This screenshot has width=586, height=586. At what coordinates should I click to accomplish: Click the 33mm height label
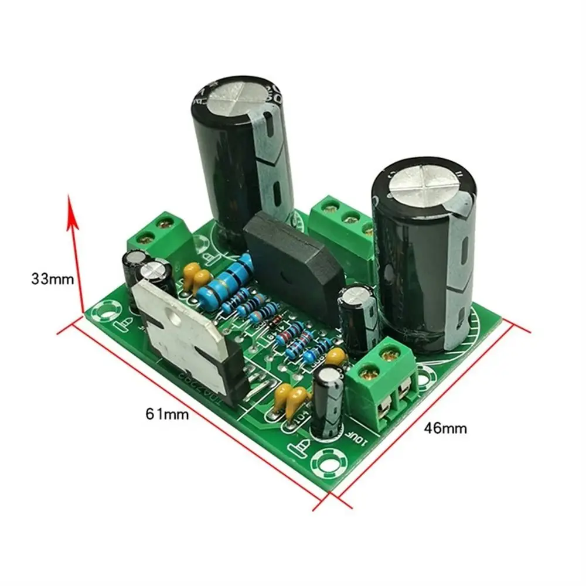(53, 279)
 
